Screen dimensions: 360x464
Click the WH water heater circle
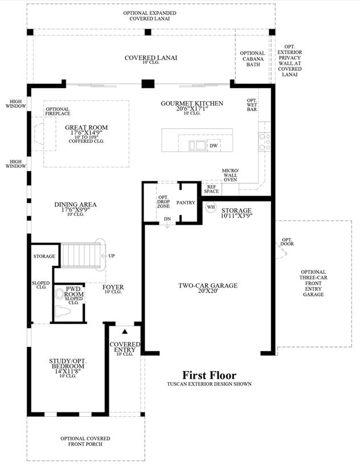[211, 207]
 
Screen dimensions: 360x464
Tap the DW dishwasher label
[214, 146]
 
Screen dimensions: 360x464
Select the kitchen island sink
[198, 145]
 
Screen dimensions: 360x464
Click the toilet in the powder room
[63, 311]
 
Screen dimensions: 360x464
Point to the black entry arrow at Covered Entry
[125, 331]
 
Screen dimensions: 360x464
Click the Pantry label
[186, 203]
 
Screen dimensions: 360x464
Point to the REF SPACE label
[211, 189]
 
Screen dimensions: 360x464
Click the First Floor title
[209, 375]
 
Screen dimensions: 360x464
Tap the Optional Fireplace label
[58, 111]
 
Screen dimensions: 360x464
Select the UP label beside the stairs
[112, 256]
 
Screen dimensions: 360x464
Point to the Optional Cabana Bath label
[252, 59]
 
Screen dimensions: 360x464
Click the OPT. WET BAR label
[252, 105]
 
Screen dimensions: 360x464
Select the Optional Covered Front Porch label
[85, 441]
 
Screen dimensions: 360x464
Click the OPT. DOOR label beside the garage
[287, 242]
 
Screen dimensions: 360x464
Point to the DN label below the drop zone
[167, 219]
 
